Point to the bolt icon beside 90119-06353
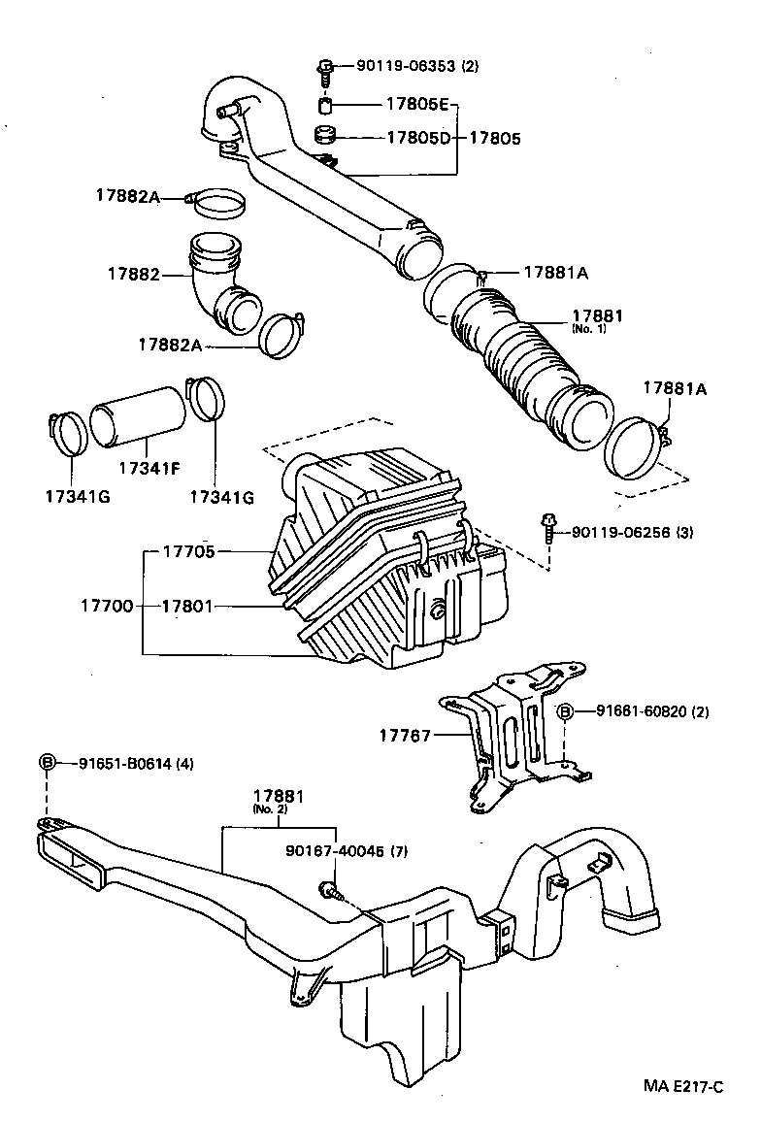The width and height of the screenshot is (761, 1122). tap(324, 68)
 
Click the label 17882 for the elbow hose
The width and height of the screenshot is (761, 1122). tap(133, 276)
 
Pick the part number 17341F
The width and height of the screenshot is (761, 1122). tap(149, 468)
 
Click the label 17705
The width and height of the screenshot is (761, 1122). tap(187, 551)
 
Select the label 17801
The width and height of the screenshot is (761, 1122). tap(187, 606)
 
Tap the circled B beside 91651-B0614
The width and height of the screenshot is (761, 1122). tap(46, 763)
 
